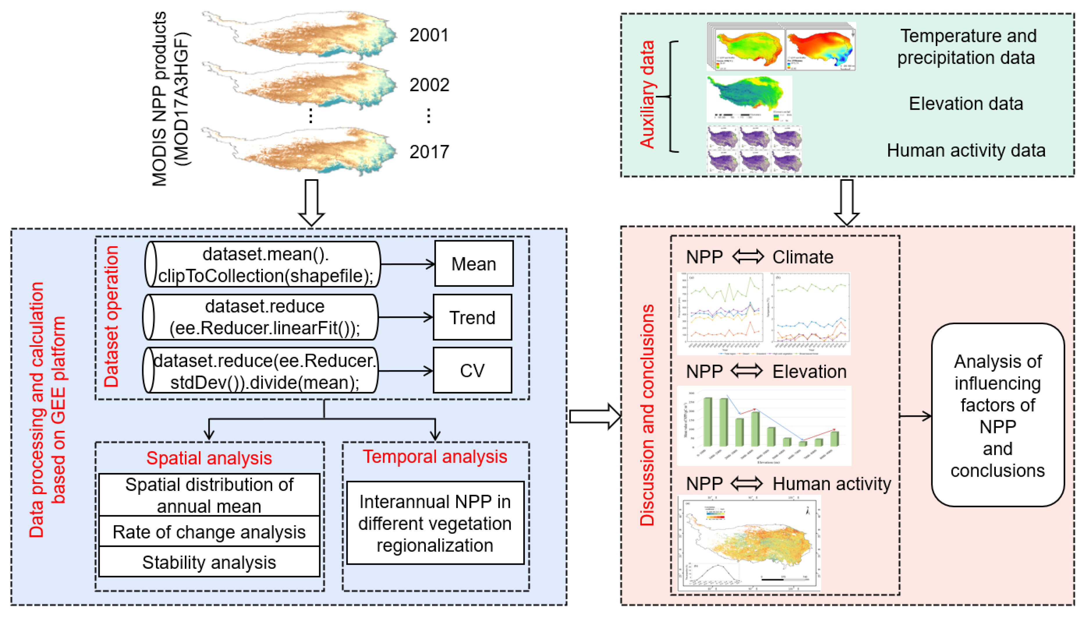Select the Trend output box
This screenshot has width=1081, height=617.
tap(472, 317)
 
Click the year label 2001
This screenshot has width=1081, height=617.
tap(428, 35)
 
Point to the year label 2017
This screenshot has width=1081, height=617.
tap(429, 152)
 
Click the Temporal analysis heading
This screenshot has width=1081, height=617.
tap(435, 456)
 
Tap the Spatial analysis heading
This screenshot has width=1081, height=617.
tap(209, 458)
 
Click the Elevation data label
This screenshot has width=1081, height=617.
tap(965, 103)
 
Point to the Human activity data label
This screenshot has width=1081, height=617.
tap(966, 150)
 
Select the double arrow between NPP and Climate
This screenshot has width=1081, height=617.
tap(748, 257)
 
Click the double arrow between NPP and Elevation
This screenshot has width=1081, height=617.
tap(747, 371)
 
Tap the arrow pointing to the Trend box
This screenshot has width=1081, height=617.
tap(405, 317)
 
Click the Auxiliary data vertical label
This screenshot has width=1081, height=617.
tap(647, 94)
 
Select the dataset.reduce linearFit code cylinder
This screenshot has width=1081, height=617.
tap(260, 317)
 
